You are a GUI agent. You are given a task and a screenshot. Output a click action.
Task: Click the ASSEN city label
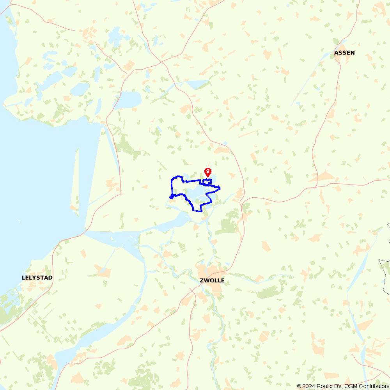point(344,53)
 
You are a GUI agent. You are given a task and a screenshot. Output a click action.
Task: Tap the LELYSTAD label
point(37,278)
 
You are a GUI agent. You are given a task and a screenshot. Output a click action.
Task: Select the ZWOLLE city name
point(212,280)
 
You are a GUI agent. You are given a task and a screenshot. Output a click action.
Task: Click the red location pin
point(208,172)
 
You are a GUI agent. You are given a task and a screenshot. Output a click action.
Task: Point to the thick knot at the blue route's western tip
point(171,196)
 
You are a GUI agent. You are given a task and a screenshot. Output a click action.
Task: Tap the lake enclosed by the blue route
point(195,193)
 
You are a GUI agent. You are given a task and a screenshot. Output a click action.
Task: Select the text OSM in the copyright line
point(351,386)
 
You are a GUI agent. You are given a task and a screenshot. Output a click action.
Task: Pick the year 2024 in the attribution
point(307,386)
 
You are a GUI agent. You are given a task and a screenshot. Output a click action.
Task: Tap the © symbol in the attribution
point(299,386)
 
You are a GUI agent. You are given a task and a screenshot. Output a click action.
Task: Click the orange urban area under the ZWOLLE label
point(214,289)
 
